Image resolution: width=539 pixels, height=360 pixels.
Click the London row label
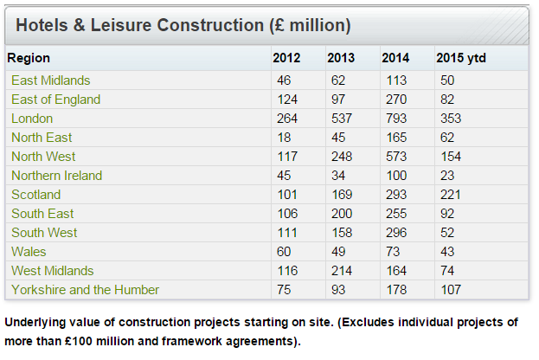32,119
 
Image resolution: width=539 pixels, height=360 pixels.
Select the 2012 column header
286,58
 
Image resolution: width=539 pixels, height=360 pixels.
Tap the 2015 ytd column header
460,58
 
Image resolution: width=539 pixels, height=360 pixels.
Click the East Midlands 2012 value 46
284,80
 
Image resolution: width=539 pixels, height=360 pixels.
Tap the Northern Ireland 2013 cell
338,176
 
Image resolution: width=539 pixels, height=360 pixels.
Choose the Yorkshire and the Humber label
85,290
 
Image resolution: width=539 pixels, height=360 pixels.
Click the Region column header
29,58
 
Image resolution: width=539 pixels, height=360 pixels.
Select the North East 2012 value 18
284,138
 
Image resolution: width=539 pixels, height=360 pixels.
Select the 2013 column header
341,58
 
